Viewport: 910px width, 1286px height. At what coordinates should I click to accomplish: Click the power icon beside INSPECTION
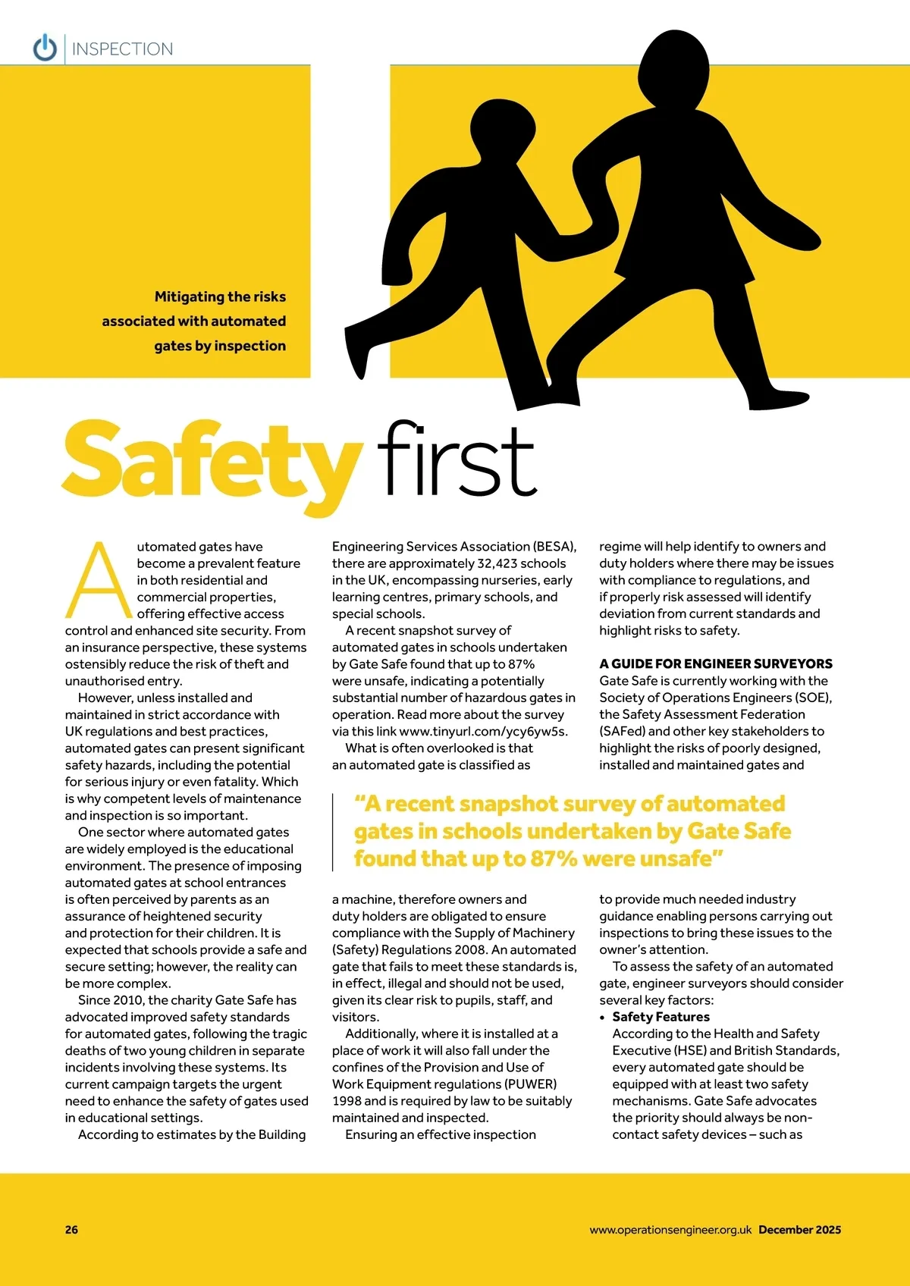click(45, 48)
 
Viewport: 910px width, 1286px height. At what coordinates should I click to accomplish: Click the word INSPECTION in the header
click(122, 49)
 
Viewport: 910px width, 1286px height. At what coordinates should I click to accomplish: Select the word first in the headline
click(458, 460)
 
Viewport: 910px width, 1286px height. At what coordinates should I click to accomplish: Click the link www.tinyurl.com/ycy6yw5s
click(483, 732)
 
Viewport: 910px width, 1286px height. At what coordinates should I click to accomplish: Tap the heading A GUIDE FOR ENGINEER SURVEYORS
click(715, 663)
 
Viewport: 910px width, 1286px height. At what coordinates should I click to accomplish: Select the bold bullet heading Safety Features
click(661, 1017)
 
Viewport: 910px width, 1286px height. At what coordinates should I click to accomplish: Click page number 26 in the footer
click(71, 1230)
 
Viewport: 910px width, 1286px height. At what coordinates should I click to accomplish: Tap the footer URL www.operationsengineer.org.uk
click(670, 1230)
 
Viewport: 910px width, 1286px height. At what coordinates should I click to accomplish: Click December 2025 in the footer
click(799, 1230)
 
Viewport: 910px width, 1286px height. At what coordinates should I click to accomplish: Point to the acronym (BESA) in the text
click(554, 547)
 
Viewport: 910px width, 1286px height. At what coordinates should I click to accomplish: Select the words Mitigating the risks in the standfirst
click(220, 296)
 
